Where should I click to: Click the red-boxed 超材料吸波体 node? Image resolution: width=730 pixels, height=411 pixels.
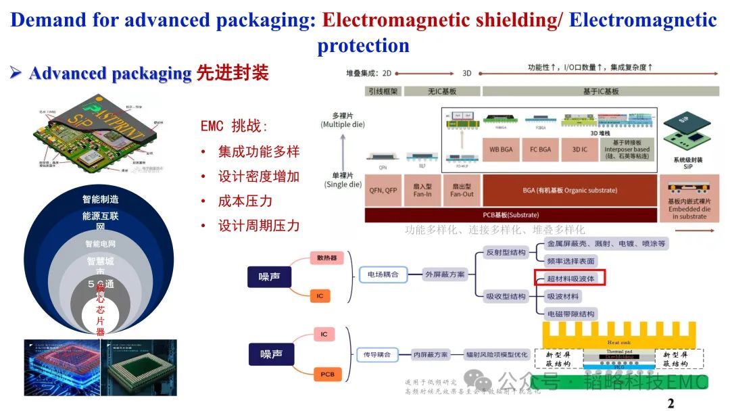point(570,278)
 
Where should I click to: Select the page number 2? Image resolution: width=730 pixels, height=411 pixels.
point(671,404)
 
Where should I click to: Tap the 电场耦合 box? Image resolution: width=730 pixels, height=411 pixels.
point(382,274)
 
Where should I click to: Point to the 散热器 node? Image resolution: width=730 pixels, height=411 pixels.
point(326,258)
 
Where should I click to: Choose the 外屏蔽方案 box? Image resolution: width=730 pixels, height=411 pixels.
point(445,274)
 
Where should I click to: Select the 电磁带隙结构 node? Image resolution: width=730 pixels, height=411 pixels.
point(570,314)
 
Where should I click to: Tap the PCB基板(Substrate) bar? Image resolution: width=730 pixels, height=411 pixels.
point(510,215)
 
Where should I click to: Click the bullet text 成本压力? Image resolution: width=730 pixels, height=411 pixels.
point(245,201)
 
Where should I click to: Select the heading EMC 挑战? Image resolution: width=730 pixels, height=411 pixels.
point(234,126)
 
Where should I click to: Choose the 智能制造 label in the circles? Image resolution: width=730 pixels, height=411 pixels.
point(100,199)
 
